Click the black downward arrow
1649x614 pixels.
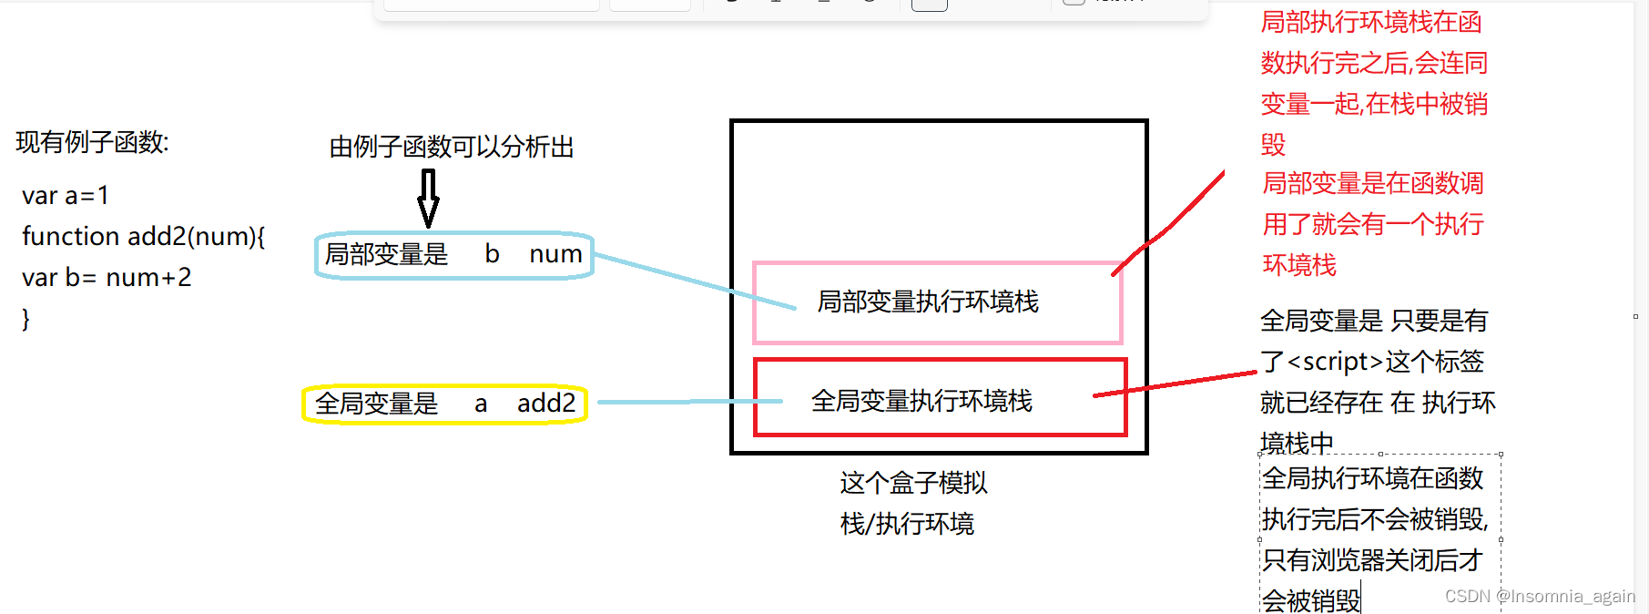click(x=428, y=198)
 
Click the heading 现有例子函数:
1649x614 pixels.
click(x=92, y=142)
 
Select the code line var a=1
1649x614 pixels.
click(x=66, y=196)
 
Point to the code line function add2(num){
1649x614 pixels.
click(x=144, y=237)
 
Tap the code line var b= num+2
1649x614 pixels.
click(x=107, y=278)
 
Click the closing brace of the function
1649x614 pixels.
click(x=26, y=319)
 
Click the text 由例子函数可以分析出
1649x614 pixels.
click(x=452, y=147)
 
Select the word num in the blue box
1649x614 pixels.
click(x=555, y=254)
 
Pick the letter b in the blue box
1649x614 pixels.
click(x=492, y=254)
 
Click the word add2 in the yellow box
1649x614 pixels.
click(x=546, y=403)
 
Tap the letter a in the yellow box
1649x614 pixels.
click(x=481, y=404)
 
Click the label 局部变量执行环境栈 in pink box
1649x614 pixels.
click(x=927, y=302)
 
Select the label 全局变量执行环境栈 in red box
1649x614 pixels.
click(x=921, y=401)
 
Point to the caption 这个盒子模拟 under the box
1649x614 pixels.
click(x=913, y=483)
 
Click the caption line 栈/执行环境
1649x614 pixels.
click(x=907, y=524)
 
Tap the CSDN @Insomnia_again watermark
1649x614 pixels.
click(x=1540, y=597)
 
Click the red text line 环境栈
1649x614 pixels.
click(x=1299, y=265)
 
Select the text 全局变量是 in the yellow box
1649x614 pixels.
click(x=377, y=404)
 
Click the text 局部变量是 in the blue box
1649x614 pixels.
click(x=387, y=254)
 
